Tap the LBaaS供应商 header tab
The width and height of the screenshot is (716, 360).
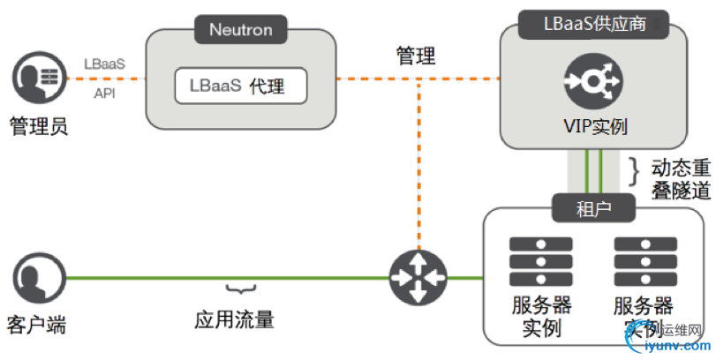[594, 23]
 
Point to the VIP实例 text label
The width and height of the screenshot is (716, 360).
[594, 126]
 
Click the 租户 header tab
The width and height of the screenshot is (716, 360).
[593, 208]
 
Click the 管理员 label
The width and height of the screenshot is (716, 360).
[38, 126]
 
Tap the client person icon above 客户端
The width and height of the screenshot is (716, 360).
[39, 278]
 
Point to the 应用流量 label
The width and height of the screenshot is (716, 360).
[234, 318]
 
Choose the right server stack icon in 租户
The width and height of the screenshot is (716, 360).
[644, 262]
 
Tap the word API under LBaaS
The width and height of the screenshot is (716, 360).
[104, 91]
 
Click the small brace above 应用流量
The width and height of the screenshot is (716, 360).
[235, 289]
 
